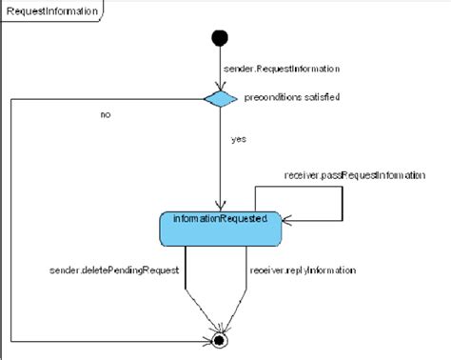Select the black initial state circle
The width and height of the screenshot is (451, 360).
(x=220, y=38)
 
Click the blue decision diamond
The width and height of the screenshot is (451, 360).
(x=220, y=98)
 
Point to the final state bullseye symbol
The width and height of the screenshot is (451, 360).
(x=220, y=339)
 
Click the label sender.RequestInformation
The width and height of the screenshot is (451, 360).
(x=281, y=70)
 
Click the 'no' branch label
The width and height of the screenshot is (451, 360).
(x=106, y=114)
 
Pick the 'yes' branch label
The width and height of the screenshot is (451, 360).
(x=239, y=139)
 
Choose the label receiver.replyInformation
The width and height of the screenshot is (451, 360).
(x=303, y=270)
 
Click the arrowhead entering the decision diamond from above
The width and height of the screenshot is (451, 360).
(x=220, y=87)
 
